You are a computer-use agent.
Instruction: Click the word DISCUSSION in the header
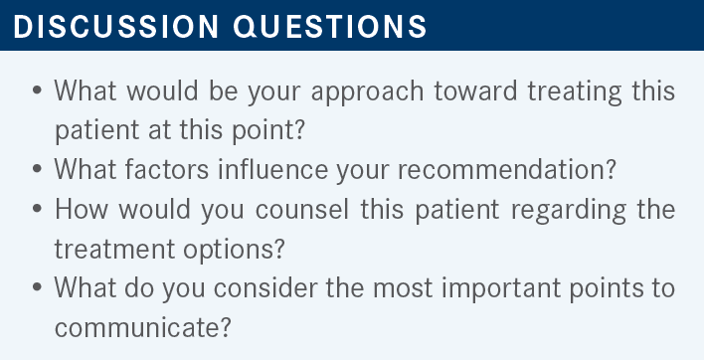click(115, 27)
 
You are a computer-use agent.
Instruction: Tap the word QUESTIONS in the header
click(330, 27)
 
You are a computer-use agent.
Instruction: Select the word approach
click(367, 91)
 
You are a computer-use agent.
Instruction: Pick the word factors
click(167, 169)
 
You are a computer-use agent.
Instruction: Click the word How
click(82, 209)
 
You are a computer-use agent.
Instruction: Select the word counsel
click(302, 209)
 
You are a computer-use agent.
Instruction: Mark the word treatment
click(114, 249)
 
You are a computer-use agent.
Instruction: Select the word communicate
click(143, 328)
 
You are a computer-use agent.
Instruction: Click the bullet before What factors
click(37, 169)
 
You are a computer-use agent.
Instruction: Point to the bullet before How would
click(37, 209)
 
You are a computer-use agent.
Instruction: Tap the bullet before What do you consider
click(37, 287)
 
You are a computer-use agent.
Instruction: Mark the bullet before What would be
click(37, 90)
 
